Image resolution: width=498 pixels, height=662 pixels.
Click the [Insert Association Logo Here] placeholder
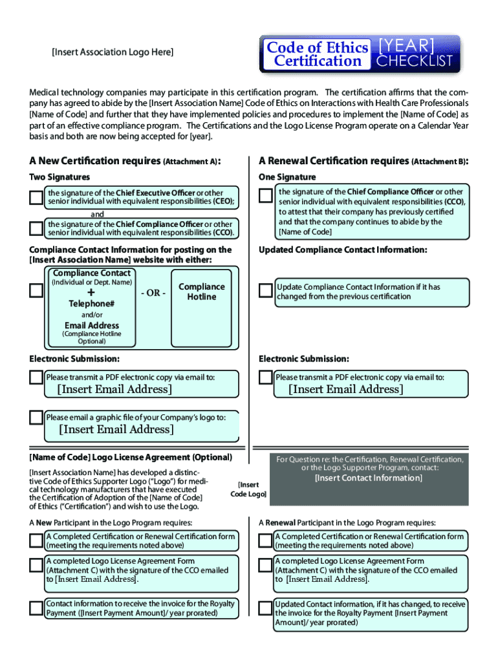113,52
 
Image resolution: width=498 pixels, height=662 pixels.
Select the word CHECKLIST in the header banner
415,61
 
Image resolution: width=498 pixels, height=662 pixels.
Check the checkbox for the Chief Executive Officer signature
36,197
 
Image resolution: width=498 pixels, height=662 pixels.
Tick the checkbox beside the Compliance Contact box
36,291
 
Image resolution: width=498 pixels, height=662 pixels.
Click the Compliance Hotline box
201,292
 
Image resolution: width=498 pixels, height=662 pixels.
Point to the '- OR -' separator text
153,293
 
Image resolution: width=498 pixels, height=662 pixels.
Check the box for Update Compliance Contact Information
265,291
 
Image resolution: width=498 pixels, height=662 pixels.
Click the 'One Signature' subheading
287,177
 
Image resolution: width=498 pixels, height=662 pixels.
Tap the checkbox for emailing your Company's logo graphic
36,418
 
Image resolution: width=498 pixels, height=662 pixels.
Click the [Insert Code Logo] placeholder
248,489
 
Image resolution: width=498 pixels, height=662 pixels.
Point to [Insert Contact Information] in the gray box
369,478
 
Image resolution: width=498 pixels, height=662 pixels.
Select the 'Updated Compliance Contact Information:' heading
343,250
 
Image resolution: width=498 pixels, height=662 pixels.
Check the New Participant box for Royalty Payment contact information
36,608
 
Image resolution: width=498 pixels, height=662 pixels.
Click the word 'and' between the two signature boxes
97,214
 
